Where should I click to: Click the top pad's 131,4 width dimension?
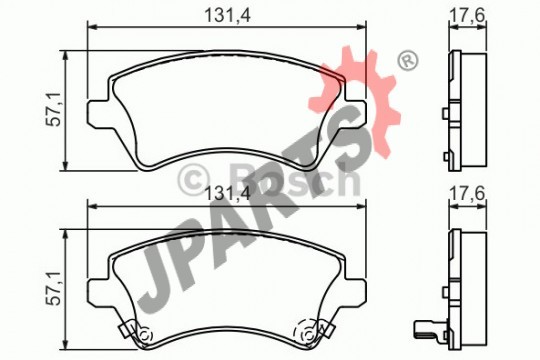(227, 15)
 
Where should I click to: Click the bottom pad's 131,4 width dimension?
(227, 194)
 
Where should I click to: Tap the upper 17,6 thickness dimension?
(467, 15)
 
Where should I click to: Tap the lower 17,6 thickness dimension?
(467, 194)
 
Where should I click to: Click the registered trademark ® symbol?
(408, 61)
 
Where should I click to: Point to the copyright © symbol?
(194, 180)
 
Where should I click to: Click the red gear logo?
(355, 103)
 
